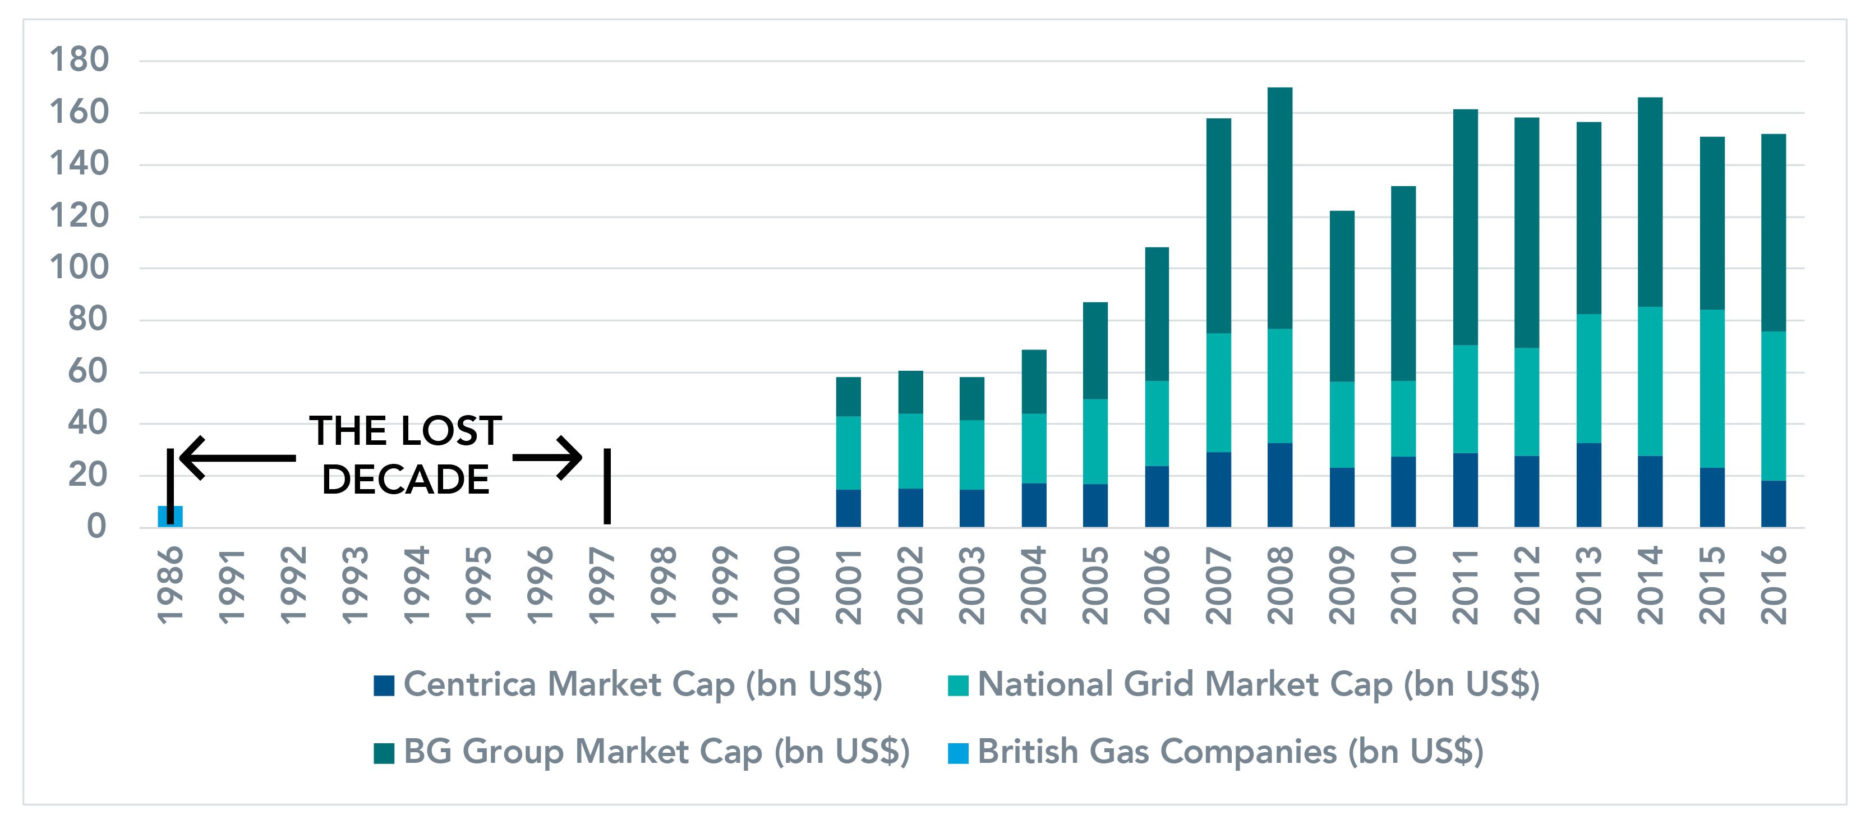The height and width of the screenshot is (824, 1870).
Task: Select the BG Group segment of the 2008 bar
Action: (1280, 208)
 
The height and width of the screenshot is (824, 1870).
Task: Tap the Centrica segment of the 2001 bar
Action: (848, 508)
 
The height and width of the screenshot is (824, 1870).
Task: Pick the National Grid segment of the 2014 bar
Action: (1650, 381)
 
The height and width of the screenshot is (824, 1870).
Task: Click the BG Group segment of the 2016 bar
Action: (1774, 232)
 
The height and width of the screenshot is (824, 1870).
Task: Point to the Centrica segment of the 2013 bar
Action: (1588, 485)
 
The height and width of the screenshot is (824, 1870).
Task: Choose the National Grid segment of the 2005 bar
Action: (1095, 441)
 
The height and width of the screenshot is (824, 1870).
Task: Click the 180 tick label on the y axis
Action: (79, 59)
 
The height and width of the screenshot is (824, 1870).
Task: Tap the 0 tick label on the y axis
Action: (96, 526)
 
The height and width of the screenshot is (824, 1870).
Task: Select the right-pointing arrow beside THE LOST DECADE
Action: (548, 457)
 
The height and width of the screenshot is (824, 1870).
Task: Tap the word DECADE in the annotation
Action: (405, 480)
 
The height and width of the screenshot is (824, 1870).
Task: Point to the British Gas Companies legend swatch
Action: (958, 753)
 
